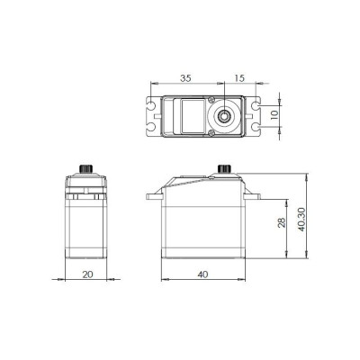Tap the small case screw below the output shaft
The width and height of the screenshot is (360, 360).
point(212,131)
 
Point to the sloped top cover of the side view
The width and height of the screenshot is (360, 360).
point(193,182)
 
